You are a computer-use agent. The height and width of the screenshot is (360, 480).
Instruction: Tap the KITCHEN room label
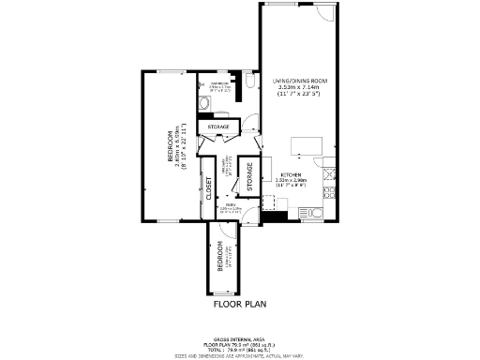(x=291, y=174)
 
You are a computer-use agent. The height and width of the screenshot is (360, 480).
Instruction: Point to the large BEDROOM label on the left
(x=172, y=145)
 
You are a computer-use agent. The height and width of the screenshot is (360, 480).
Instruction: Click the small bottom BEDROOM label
(x=220, y=256)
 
